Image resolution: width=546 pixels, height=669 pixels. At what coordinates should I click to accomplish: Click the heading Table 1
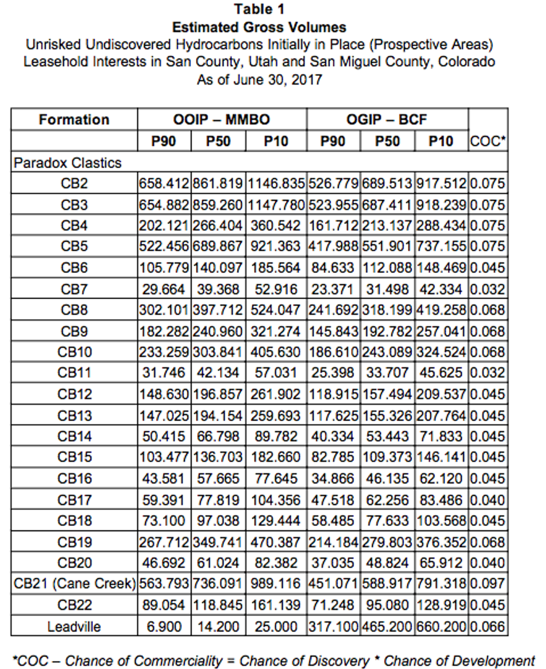tap(259, 9)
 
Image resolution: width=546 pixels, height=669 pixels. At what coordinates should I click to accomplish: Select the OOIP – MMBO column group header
tap(221, 120)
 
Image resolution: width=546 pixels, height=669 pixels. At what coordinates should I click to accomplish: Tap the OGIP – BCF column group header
tap(387, 120)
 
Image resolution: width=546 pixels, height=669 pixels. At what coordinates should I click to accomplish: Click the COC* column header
tap(488, 141)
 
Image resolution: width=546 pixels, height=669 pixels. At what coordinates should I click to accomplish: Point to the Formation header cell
tap(74, 120)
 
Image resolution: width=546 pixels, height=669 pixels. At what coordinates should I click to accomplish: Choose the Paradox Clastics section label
tap(67, 163)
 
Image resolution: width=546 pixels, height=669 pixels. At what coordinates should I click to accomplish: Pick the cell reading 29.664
tap(164, 289)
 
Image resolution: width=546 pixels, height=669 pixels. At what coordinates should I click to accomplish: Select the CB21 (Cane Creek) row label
tap(75, 584)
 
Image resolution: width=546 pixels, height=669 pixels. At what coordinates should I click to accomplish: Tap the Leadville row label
tap(74, 626)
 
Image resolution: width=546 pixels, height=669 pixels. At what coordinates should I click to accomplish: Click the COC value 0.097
tap(487, 584)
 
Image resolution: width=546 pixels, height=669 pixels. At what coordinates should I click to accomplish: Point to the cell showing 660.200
tap(441, 626)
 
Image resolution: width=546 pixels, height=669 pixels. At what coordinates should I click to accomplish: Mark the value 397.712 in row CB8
tap(218, 310)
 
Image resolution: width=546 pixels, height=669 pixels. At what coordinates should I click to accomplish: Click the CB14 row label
tap(74, 437)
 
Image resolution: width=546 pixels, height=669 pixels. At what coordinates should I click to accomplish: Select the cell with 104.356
tap(275, 500)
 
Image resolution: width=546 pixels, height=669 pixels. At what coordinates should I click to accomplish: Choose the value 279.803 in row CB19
tap(387, 542)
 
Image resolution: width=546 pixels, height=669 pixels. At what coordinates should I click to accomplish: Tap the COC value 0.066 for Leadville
tap(487, 626)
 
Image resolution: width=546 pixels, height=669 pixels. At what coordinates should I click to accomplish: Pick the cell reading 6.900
tap(164, 626)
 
